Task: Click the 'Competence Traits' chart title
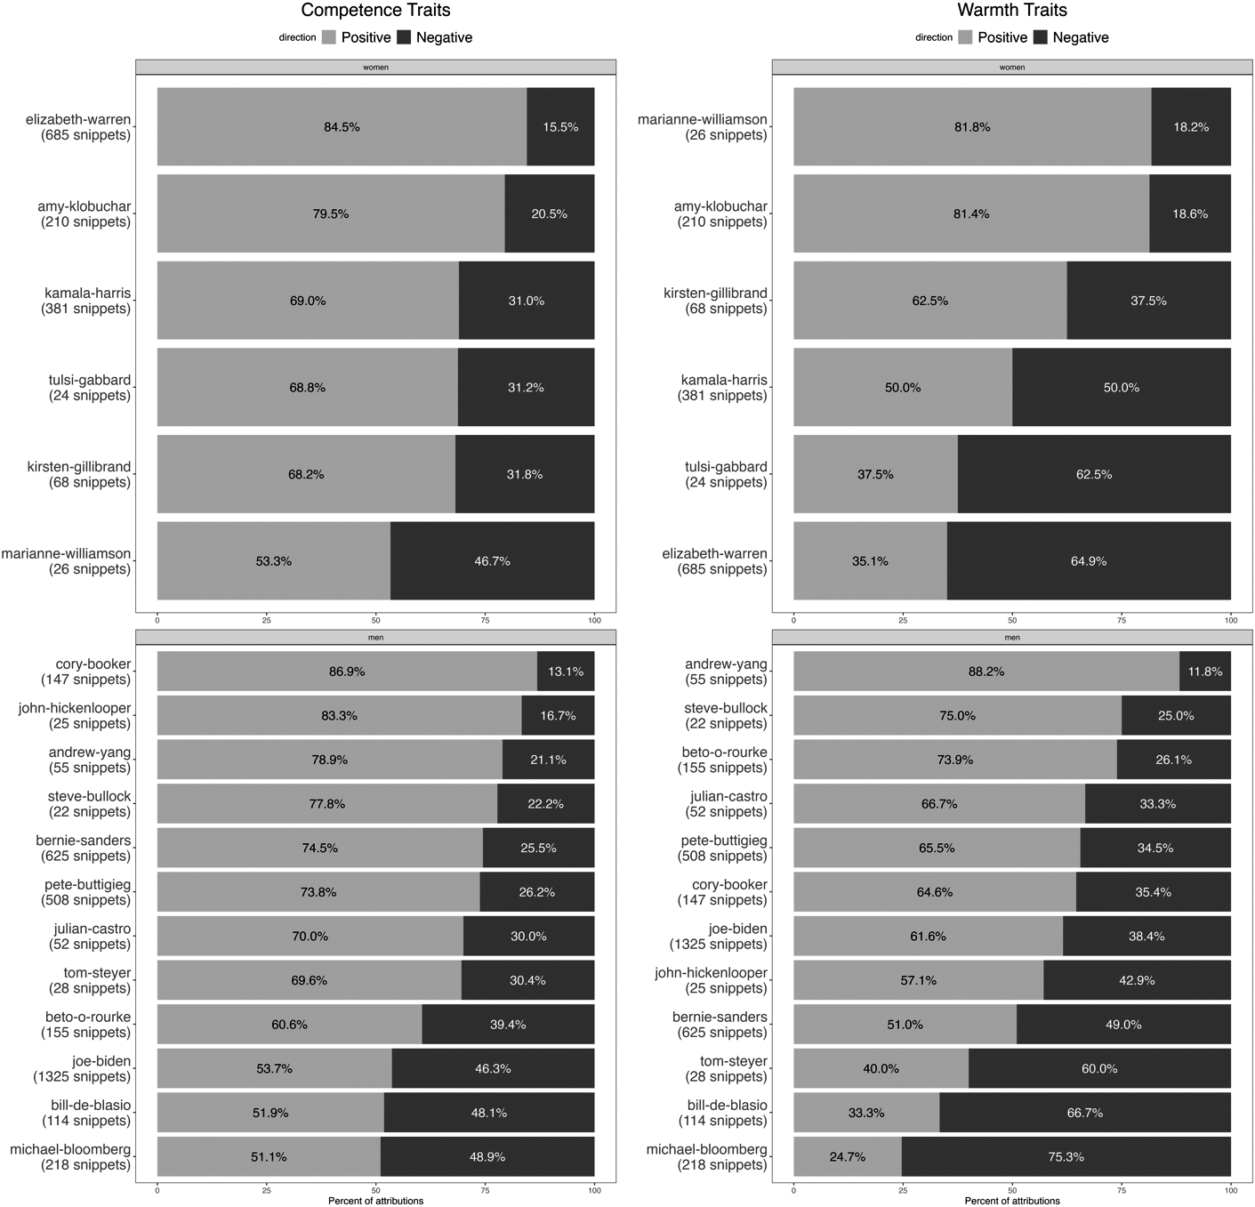click(375, 11)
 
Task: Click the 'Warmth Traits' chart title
click(1012, 11)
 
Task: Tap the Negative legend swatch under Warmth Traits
click(1041, 37)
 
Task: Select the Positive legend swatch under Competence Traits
click(329, 37)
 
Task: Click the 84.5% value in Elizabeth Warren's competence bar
click(342, 127)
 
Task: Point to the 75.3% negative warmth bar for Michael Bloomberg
click(1066, 1156)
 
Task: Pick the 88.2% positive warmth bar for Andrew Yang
click(985, 672)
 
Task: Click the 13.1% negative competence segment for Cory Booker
click(566, 672)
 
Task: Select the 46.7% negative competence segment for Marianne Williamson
click(492, 561)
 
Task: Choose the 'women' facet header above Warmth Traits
click(1012, 68)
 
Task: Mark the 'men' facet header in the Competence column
click(375, 638)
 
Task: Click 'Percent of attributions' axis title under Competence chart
click(375, 1201)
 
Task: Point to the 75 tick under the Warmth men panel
click(1122, 1190)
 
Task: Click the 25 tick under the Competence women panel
click(267, 620)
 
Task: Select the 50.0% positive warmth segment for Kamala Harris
click(903, 388)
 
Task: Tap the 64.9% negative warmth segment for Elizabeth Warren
click(1089, 561)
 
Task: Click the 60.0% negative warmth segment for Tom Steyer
click(1099, 1068)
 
